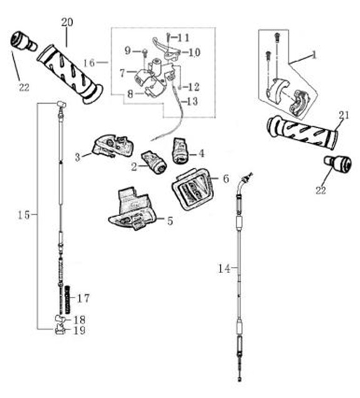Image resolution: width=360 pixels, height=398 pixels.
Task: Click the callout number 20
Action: click(67, 22)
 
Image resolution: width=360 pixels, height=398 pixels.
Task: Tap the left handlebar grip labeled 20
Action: click(70, 74)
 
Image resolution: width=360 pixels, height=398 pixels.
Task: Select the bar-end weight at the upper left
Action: click(24, 42)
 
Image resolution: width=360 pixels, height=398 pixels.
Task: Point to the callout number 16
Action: click(89, 62)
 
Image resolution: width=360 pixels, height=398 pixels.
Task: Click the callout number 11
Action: click(183, 38)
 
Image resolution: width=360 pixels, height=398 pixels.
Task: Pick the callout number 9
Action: click(127, 51)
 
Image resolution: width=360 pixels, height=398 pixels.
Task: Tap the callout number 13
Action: click(192, 102)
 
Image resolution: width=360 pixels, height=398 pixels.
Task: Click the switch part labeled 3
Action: click(112, 146)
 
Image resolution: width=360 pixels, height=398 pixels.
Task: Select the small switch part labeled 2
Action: click(154, 162)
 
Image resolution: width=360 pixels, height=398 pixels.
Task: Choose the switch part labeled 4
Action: click(181, 150)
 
